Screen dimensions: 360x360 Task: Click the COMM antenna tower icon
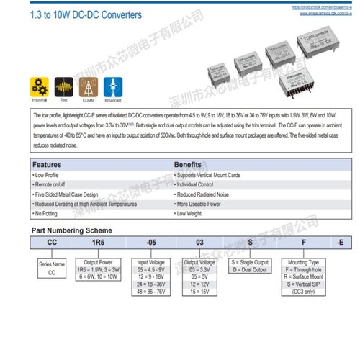[89, 85]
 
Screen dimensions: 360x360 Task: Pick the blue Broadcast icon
[113, 85]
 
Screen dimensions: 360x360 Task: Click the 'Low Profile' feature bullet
[50, 175]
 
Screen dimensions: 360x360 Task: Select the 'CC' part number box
[52, 243]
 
